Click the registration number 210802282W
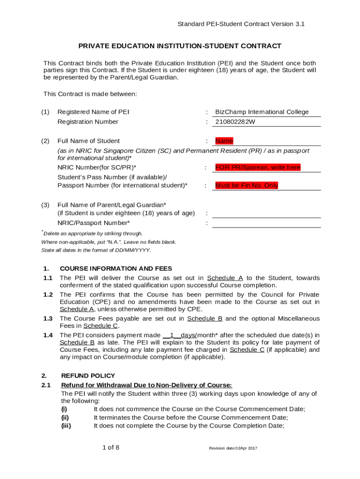click(x=235, y=122)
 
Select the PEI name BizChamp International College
click(x=262, y=112)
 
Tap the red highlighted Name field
click(x=224, y=141)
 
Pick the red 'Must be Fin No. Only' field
click(x=246, y=186)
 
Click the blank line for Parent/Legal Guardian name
click(x=266, y=213)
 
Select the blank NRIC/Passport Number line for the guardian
click(x=266, y=223)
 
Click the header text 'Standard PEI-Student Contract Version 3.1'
click(x=241, y=24)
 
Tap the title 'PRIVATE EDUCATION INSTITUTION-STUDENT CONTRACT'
click(x=180, y=46)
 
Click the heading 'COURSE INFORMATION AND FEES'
click(x=116, y=269)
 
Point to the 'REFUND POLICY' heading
click(x=88, y=376)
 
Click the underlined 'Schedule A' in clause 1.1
click(x=225, y=278)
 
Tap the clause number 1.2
click(x=48, y=295)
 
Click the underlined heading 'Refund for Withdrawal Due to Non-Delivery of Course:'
click(x=146, y=385)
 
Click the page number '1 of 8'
click(x=111, y=448)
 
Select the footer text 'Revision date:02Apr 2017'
click(x=233, y=449)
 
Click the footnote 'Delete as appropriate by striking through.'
click(x=93, y=233)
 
